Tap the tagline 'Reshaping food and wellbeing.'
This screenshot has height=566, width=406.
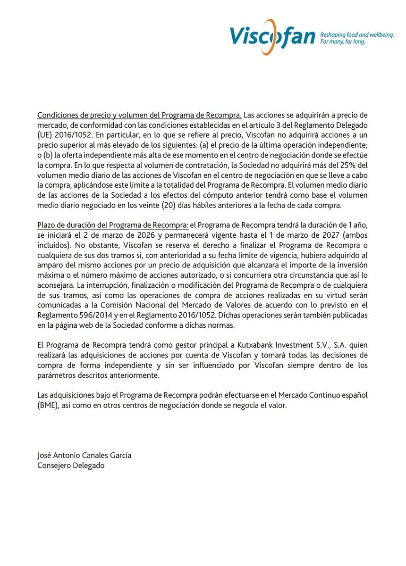tap(357, 35)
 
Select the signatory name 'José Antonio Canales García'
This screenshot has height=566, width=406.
tap(84, 455)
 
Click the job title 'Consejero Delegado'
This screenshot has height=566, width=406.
tap(71, 465)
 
